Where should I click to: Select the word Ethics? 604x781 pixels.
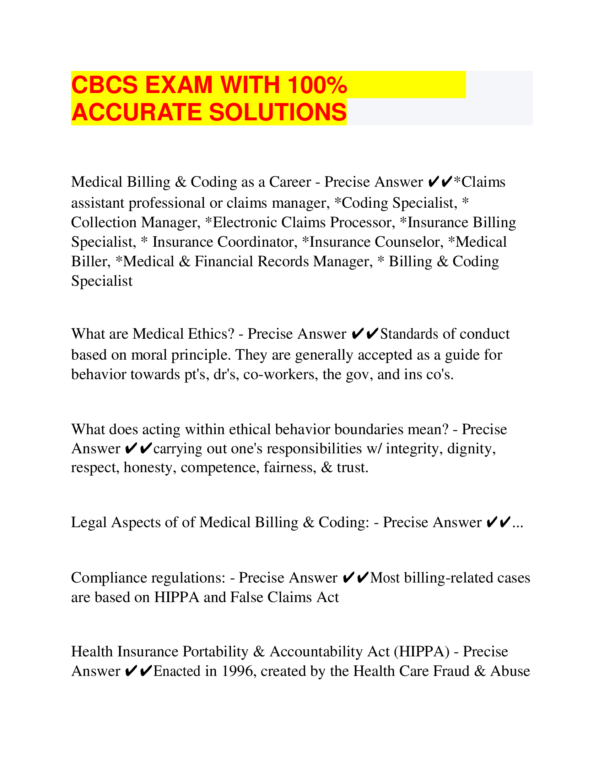point(211,334)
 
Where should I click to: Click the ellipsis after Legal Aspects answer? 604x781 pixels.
point(518,523)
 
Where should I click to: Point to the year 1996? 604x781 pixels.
point(239,671)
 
